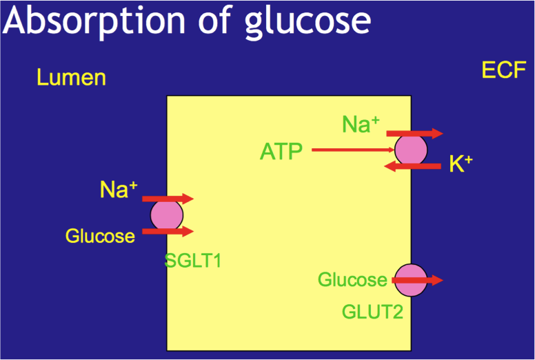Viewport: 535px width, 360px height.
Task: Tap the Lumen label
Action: pos(72,77)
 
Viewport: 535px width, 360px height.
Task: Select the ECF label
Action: pos(504,70)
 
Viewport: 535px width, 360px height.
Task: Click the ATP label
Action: pos(281,151)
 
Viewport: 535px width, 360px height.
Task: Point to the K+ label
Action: pos(461,164)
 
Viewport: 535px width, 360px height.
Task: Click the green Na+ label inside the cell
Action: pos(361,124)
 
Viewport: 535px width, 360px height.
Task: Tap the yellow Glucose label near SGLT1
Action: pos(100,236)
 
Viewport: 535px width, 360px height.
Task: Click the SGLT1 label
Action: pos(196,261)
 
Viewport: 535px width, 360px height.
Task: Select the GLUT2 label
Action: pos(372,312)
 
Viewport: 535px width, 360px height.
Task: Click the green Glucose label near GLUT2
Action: pos(352,280)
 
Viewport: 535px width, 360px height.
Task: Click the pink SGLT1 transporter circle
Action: pos(167,215)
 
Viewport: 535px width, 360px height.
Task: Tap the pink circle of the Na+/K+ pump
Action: pos(411,150)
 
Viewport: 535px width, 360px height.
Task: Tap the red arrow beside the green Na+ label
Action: pos(414,133)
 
